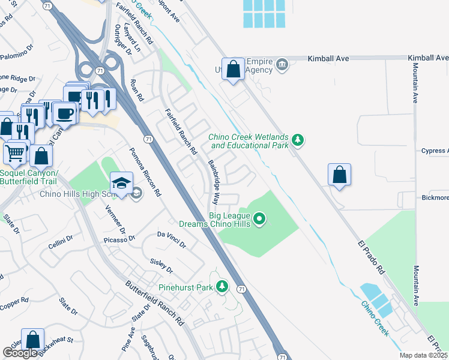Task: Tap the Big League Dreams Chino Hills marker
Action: [259, 219]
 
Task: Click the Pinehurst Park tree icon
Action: [222, 287]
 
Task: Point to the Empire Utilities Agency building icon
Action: [282, 64]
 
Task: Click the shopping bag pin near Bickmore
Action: [339, 175]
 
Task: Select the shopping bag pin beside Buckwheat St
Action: [32, 339]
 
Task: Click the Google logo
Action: [20, 353]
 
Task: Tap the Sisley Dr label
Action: [161, 266]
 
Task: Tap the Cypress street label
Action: [434, 151]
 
